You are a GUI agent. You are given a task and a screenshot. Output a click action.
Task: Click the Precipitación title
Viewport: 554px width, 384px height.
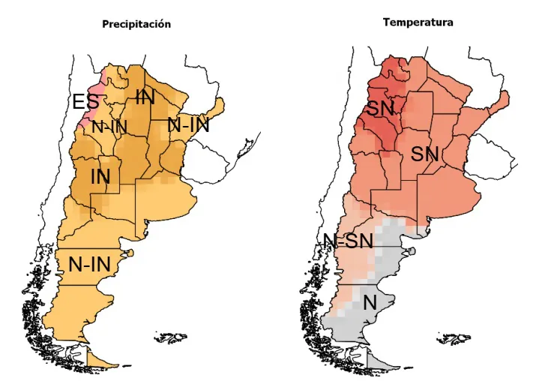pos(136,24)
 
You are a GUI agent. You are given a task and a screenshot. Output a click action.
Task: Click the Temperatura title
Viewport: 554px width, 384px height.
pos(418,22)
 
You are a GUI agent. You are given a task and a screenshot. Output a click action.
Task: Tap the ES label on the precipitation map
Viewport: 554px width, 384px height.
pos(84,102)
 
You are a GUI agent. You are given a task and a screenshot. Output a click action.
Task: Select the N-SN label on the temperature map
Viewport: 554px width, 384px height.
pos(348,241)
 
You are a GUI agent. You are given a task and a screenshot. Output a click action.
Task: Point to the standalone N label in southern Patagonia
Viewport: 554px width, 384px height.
pos(369,303)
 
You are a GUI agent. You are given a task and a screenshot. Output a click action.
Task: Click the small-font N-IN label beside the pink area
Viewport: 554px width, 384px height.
pos(109,127)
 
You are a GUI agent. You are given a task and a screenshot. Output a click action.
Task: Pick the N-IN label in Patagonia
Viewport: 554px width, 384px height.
pos(89,264)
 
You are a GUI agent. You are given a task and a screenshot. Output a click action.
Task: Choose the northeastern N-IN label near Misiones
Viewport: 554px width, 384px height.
pos(188,125)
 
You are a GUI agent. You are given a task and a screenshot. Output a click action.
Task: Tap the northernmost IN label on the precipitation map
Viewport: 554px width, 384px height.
pos(145,96)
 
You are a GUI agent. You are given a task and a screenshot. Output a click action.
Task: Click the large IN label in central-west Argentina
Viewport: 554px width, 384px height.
pos(100,177)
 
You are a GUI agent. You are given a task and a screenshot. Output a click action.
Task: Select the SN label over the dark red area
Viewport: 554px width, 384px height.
pos(380,109)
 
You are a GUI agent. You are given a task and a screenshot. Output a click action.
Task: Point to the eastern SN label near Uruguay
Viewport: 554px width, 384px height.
pos(424,154)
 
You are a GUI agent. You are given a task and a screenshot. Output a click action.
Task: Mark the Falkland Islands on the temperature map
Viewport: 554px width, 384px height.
pos(454,339)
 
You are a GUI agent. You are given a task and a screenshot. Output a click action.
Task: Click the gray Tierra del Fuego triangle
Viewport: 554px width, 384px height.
pos(381,358)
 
